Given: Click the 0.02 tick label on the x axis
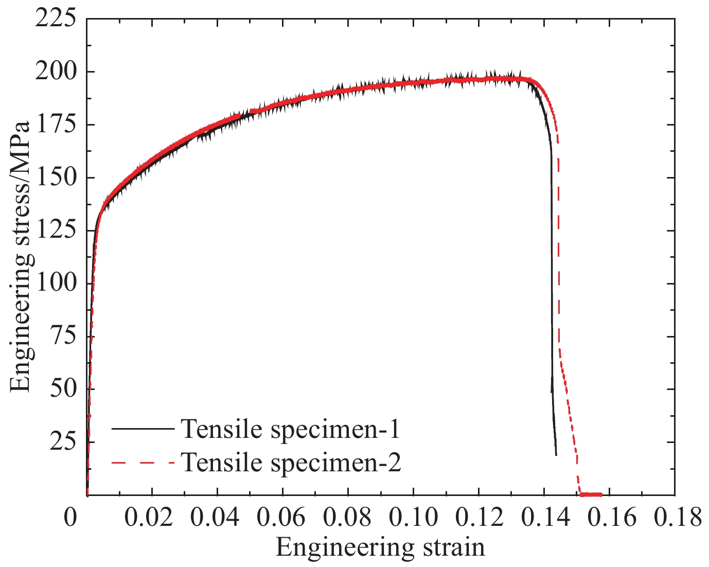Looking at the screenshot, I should (151, 517).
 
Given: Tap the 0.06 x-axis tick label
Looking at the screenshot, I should (282, 517).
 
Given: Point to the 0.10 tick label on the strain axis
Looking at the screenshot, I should (413, 517).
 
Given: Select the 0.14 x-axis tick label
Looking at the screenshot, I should (544, 517).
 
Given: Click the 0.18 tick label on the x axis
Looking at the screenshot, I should (675, 517).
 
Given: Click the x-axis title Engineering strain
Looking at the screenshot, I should (380, 547).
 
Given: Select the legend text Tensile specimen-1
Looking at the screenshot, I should (291, 429).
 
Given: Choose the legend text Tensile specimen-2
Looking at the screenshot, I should (291, 463).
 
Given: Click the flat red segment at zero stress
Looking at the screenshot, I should (591, 494).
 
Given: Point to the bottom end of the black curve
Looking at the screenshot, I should (556, 455).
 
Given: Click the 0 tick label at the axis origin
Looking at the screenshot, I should (71, 517).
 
